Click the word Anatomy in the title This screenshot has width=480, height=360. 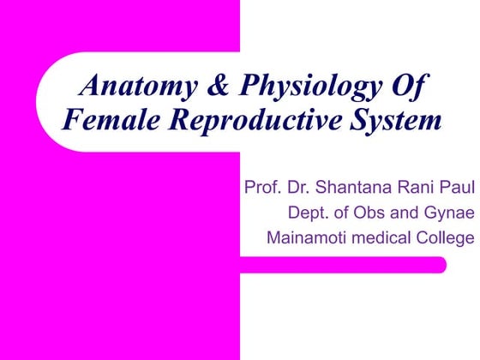tap(129, 87)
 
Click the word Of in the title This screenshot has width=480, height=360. tap(409, 87)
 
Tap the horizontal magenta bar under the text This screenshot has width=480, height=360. tap(343, 265)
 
